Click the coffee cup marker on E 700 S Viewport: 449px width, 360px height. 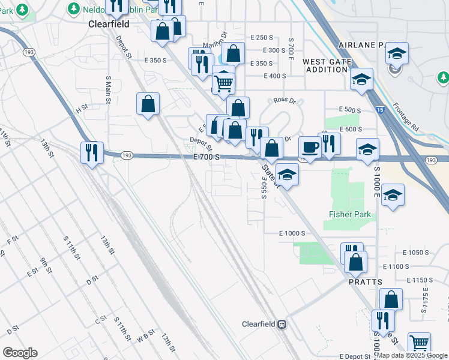pyautogui.click(x=310, y=147)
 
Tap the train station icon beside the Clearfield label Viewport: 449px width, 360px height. pyautogui.click(x=281, y=324)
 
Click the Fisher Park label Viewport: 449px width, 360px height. pyautogui.click(x=350, y=214)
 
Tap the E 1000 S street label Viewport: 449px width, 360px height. pyautogui.click(x=292, y=233)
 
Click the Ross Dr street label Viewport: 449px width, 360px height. pyautogui.click(x=285, y=101)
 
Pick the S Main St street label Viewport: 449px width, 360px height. pyautogui.click(x=109, y=89)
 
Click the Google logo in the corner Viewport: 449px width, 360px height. pyautogui.click(x=20, y=352)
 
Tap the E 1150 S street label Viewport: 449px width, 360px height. pyautogui.click(x=420, y=280)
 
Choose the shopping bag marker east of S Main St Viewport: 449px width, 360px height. pyautogui.click(x=148, y=104)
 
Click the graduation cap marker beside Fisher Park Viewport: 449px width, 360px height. pyautogui.click(x=393, y=196)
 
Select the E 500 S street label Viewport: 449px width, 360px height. pyautogui.click(x=349, y=110)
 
